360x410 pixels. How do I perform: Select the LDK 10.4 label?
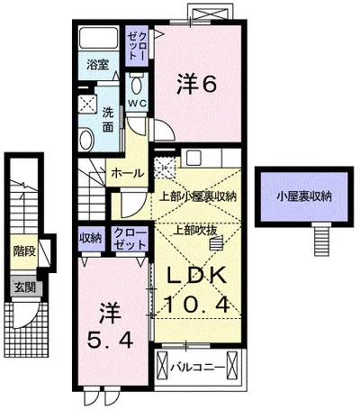197,289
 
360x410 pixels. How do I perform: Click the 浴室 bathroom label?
98,65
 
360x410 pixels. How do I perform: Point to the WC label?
138,104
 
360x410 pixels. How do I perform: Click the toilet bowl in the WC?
137,85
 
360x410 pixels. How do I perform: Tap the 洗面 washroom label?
108,119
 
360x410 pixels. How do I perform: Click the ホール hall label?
128,173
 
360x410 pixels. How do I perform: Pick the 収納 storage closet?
91,239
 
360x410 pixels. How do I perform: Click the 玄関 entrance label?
25,287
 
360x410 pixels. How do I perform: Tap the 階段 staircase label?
24,251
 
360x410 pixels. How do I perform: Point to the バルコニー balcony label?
198,368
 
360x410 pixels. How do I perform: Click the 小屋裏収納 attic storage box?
304,196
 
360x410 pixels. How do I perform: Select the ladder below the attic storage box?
322,241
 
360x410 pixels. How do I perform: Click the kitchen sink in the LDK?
194,158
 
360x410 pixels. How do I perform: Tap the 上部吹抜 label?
196,230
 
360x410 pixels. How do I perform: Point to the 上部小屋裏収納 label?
198,196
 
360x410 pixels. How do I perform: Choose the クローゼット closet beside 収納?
130,239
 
